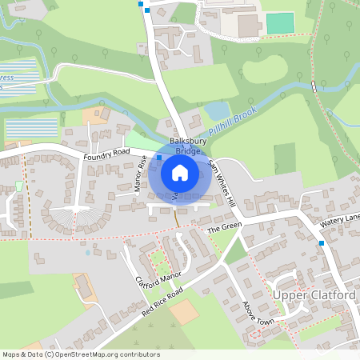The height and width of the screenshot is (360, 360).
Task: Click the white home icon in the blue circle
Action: pos(180,172)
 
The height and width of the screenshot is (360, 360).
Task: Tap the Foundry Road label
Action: pos(106,154)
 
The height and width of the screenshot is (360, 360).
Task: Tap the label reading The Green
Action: pos(224,229)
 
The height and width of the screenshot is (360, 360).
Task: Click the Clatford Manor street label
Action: pos(154,283)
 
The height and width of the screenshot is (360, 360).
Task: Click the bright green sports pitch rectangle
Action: pos(280,23)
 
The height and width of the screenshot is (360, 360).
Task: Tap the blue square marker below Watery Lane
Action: pos(322,242)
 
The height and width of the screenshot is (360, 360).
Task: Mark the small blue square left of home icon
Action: pos(159,158)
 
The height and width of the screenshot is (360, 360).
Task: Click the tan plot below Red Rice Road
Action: pos(186,312)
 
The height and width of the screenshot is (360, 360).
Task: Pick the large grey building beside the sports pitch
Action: pos(249,26)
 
